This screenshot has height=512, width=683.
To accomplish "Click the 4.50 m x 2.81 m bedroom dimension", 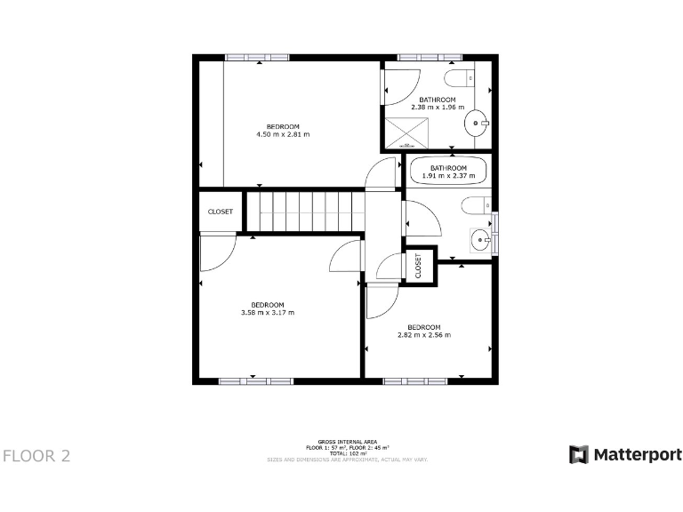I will tap(283, 134).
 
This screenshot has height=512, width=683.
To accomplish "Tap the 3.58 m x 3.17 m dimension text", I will tap(267, 313).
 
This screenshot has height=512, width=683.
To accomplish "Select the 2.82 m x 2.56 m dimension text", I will tap(424, 335).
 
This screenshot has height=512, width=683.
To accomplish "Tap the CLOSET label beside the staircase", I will tap(220, 212).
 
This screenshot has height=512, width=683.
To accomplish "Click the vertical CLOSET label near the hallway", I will tap(418, 265).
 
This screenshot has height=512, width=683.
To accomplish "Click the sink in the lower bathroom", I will tap(481, 237).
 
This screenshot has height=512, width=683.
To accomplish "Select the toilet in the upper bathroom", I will tap(459, 76).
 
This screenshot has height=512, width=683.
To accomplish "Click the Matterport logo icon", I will tap(579, 454).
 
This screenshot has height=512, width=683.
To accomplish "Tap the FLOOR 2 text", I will tap(36, 456).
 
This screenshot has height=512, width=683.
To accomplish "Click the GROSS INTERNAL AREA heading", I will tap(348, 441).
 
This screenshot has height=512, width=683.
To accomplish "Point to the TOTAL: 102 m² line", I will tap(348, 453).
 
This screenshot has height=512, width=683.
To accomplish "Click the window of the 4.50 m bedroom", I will tap(259, 57).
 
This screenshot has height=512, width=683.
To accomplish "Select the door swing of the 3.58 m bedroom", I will tap(215, 253).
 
